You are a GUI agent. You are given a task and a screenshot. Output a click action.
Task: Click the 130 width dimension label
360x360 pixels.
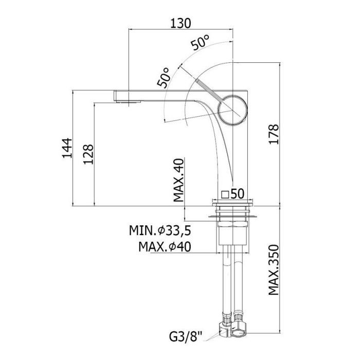click(x=181, y=24)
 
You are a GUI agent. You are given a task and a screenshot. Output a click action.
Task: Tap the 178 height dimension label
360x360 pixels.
click(x=274, y=134)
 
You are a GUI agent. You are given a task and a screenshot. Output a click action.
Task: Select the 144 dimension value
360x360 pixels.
click(x=67, y=148)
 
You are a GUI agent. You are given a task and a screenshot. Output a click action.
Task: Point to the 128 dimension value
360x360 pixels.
click(x=88, y=154)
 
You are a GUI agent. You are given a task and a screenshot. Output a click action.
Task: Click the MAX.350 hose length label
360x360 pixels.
click(x=274, y=270)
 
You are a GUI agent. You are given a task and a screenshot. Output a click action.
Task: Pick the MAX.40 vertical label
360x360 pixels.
click(x=179, y=180)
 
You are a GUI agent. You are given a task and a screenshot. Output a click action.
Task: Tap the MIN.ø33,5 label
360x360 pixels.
click(x=160, y=230)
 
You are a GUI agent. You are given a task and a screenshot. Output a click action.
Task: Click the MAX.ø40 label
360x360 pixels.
click(x=165, y=247)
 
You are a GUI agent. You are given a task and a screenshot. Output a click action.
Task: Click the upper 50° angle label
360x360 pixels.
click(x=200, y=43)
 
